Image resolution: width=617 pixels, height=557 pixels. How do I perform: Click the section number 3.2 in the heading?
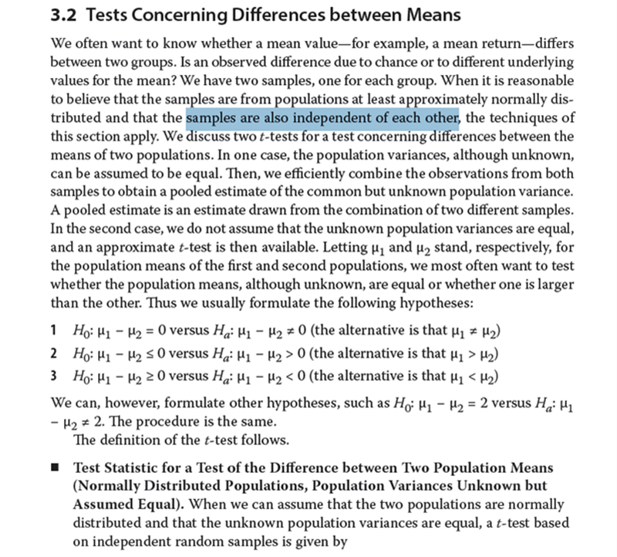coord(62,16)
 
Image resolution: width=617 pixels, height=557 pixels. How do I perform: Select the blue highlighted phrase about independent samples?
coord(323,119)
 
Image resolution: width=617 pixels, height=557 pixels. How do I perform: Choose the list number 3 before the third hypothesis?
coord(54,376)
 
